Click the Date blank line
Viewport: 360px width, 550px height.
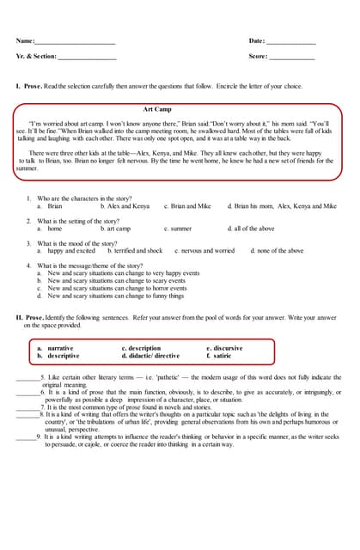(291, 42)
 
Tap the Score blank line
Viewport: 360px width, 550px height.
(292, 58)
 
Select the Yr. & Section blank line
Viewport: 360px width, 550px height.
(87, 58)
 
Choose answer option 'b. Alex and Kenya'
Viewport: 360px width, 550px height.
(125, 206)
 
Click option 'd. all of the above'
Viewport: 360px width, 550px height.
(251, 229)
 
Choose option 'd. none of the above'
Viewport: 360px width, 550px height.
(277, 251)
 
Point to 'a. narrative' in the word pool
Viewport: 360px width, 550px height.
(55, 348)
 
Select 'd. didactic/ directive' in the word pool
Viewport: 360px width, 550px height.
(151, 356)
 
